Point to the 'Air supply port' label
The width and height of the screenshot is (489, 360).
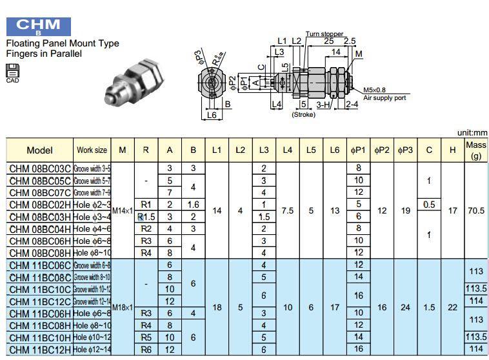[x=384, y=98]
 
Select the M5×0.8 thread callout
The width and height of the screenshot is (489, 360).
[x=374, y=90]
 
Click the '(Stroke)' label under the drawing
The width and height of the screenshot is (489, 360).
[x=303, y=114]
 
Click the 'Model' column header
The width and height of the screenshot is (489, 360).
[x=39, y=150]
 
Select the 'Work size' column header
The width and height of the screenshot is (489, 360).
[x=92, y=150]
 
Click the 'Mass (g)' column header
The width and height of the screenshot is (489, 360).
[x=476, y=150]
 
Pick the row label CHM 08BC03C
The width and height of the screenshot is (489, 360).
[x=39, y=168]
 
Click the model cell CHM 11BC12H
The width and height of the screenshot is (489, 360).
[x=39, y=349]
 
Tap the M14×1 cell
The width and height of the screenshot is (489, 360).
[x=122, y=210]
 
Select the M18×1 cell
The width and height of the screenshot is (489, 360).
[x=122, y=307]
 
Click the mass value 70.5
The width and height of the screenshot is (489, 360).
[x=476, y=210]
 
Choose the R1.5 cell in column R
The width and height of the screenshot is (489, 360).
[x=146, y=217]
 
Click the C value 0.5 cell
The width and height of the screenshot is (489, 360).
[x=429, y=205]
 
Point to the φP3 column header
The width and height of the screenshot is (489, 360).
[x=405, y=150]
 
